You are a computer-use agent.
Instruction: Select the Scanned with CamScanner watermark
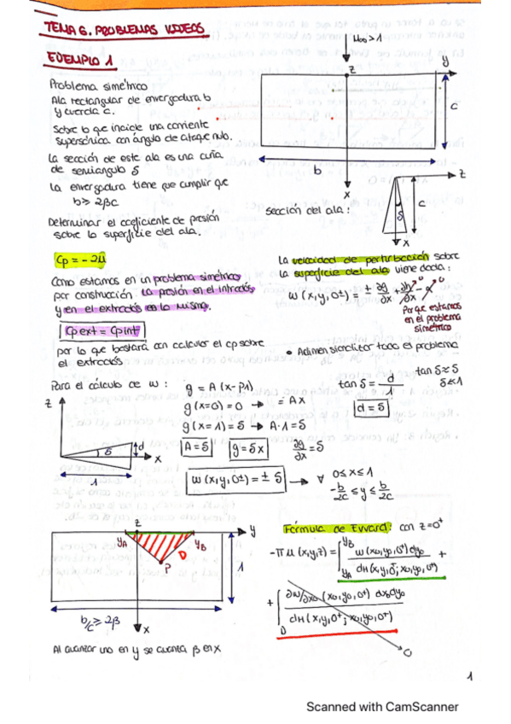coord(382,706)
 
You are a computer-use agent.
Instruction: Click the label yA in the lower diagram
coord(124,540)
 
